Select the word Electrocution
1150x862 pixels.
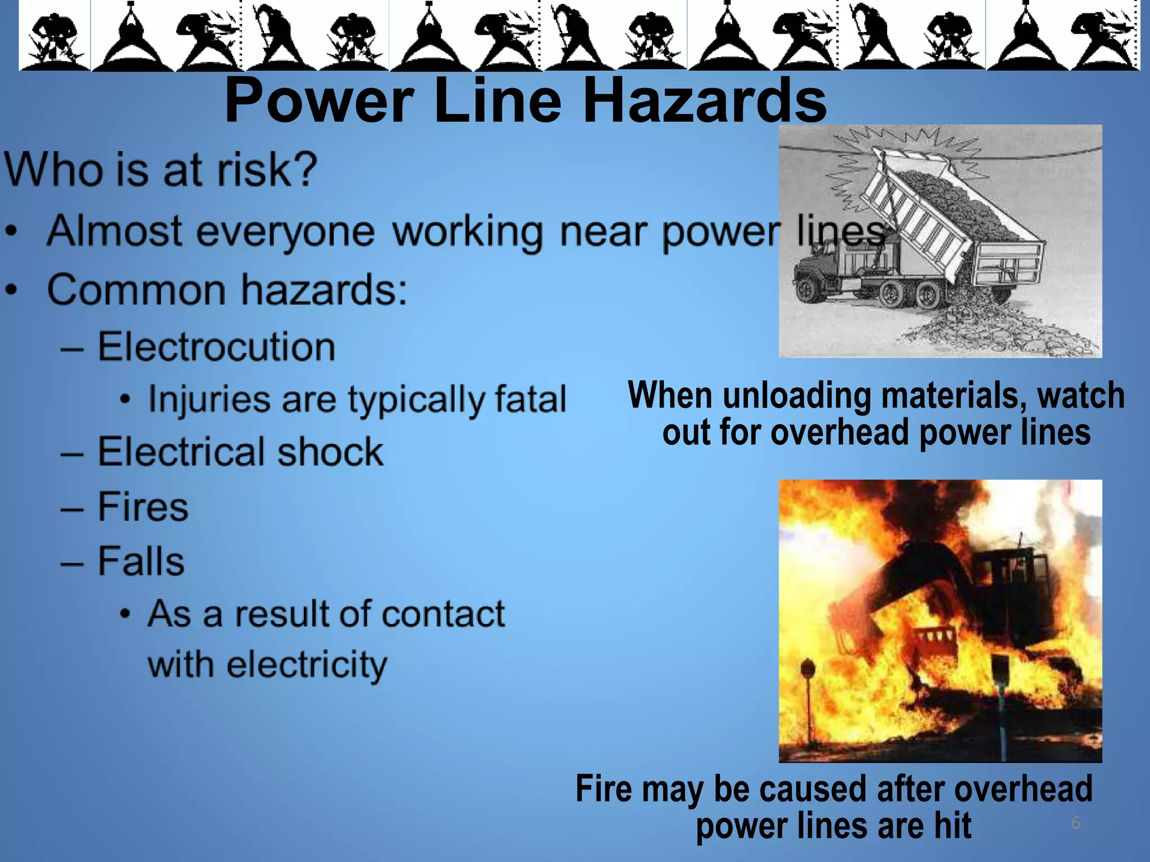(216, 346)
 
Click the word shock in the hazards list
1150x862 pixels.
(330, 452)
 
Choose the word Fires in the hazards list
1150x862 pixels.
(143, 507)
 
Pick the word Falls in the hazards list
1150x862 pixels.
(141, 561)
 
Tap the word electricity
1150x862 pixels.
(267, 664)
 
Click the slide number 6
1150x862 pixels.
(1075, 823)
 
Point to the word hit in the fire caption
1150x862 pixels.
(952, 826)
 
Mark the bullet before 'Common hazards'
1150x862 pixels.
(12, 291)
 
